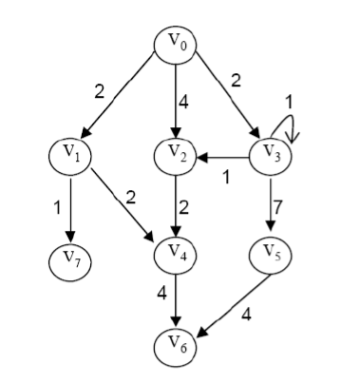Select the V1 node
pyautogui.click(x=70, y=153)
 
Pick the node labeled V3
pyautogui.click(x=271, y=156)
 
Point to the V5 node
pyautogui.click(x=271, y=254)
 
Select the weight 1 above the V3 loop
pyautogui.click(x=292, y=98)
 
